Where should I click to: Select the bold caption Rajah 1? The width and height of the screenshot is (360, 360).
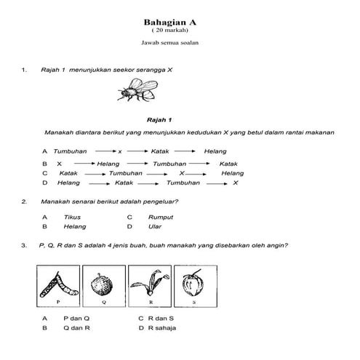159,118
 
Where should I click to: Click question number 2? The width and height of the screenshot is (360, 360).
24,201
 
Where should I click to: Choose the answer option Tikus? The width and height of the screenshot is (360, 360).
72,217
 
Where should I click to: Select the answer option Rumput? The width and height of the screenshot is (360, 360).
159,217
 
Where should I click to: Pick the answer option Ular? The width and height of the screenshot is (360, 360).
153,227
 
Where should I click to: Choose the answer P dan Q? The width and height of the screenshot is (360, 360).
76,319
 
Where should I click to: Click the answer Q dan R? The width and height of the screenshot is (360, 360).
76,329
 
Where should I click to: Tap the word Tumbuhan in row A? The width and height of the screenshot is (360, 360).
71,151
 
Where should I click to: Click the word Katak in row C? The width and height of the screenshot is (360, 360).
69,173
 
